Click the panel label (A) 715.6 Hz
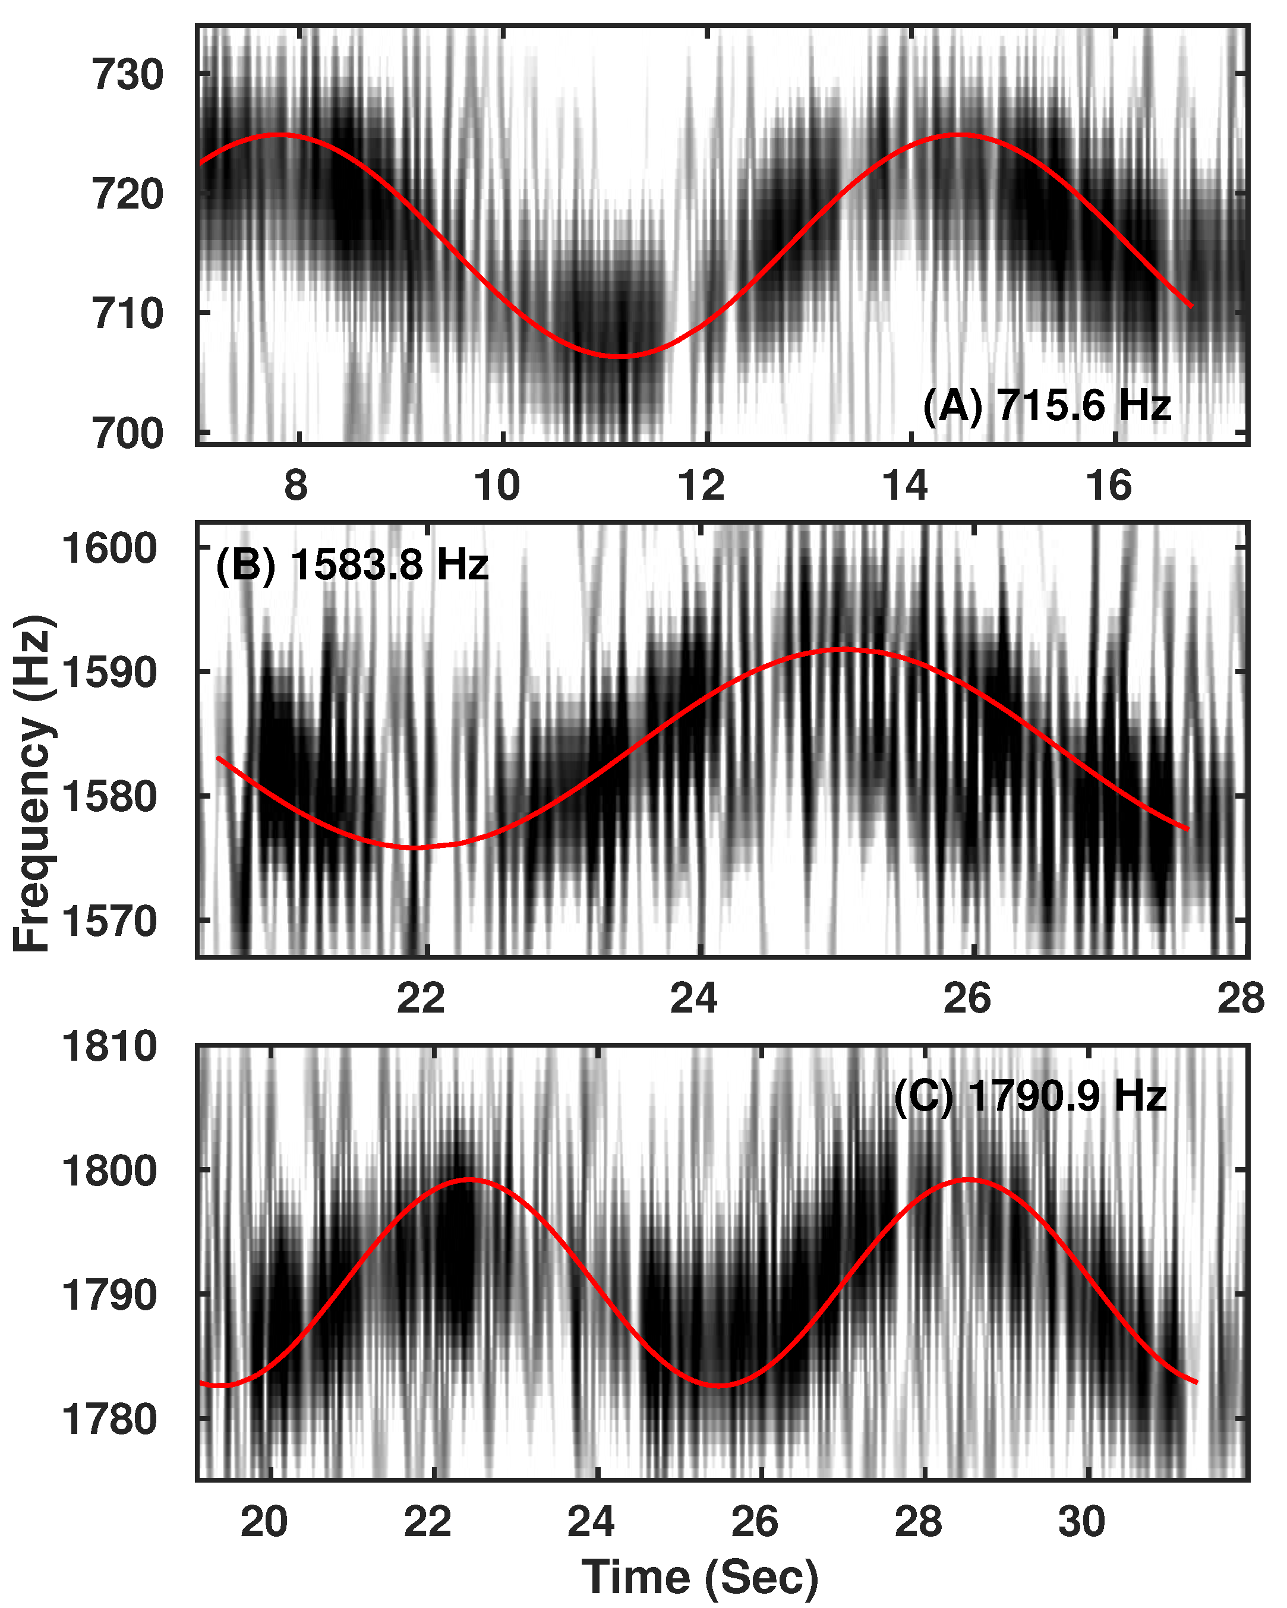[x=1046, y=406]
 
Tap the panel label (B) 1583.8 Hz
[x=352, y=565]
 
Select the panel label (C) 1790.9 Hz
[x=1030, y=1096]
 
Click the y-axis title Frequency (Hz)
[x=33, y=783]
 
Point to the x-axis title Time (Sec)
[x=699, y=1577]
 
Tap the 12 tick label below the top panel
[x=701, y=486]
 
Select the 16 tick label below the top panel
[x=1108, y=486]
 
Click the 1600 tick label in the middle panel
[x=109, y=548]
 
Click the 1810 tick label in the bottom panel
[x=109, y=1046]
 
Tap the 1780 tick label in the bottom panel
[x=109, y=1418]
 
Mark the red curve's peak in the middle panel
[x=843, y=649]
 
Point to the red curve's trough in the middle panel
[x=415, y=847]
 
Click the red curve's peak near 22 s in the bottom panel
[x=469, y=1179]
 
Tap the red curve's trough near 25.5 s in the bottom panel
[x=718, y=1386]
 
